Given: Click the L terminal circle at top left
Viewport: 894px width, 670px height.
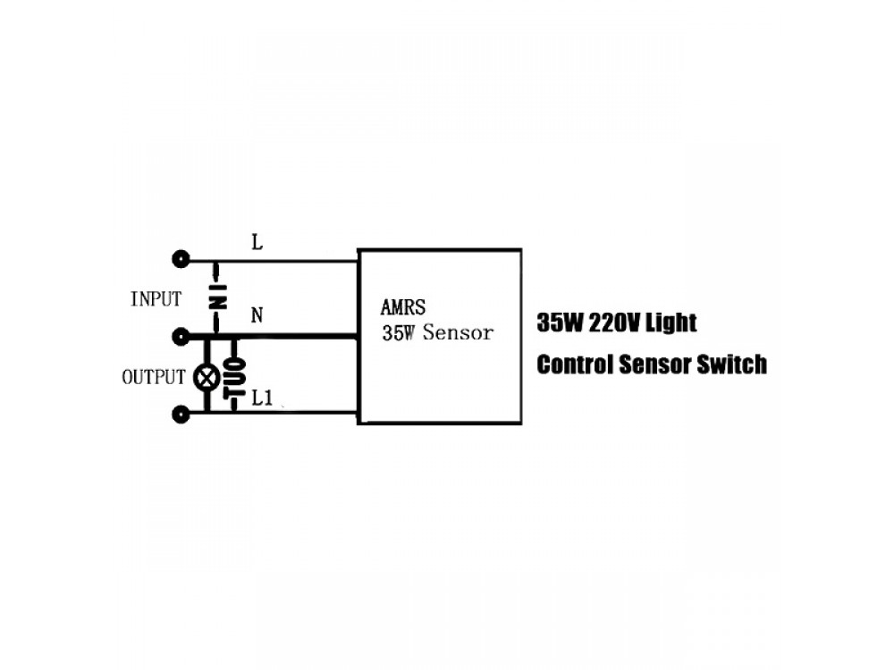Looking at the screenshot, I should [x=181, y=260].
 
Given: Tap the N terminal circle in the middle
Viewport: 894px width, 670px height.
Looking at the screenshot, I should [x=181, y=337].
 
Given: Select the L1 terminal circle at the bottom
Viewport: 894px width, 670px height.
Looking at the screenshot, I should [x=181, y=414].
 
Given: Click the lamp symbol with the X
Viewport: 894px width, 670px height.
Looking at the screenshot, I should [x=207, y=377].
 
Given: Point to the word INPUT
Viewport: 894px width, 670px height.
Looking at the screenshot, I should [x=156, y=299].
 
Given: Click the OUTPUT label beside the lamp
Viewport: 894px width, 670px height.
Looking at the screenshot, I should [x=153, y=377].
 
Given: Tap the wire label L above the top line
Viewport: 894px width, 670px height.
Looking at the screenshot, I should [x=257, y=243].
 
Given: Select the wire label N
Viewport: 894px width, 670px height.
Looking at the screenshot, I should [x=257, y=316].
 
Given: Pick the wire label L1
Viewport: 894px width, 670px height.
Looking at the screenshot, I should [x=261, y=398].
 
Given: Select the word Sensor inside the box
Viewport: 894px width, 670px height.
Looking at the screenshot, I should [x=458, y=333].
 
